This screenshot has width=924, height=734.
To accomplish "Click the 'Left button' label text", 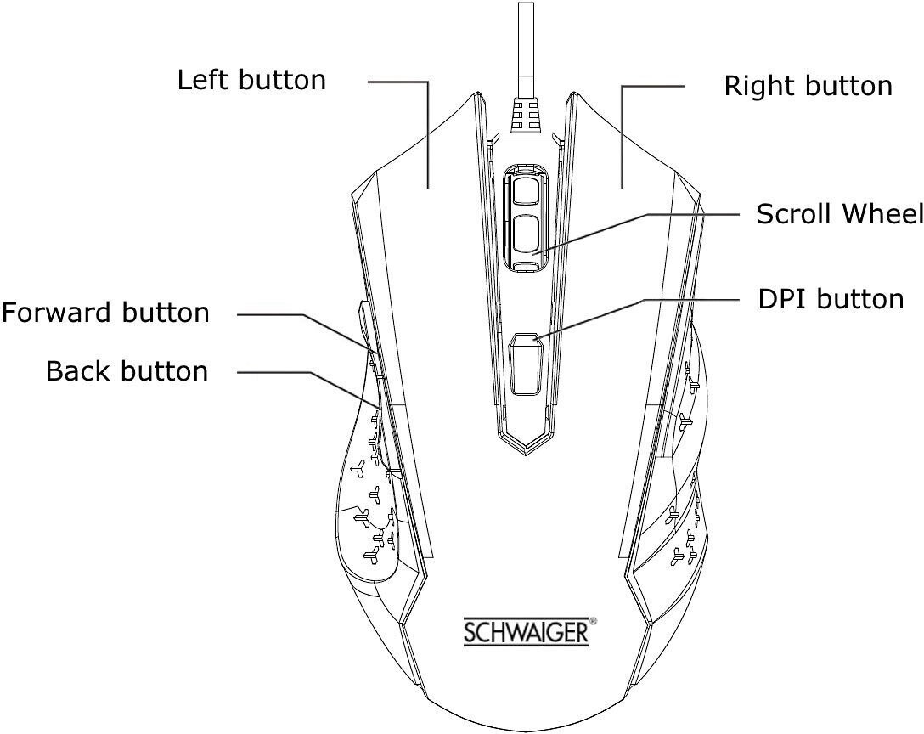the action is click(251, 80).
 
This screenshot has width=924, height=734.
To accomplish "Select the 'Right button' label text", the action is click(808, 86).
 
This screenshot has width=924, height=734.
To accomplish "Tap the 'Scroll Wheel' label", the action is click(840, 213).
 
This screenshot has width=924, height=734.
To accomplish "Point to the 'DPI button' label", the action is click(831, 299).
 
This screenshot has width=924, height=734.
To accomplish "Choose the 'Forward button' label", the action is click(105, 313).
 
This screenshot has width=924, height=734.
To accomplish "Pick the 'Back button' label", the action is click(127, 371).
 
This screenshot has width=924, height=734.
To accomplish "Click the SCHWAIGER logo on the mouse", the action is click(527, 632).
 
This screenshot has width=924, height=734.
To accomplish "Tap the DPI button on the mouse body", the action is click(527, 364).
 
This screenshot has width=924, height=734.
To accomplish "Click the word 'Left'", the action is click(200, 80).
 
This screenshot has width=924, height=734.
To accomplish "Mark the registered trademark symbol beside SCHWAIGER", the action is click(594, 620).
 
